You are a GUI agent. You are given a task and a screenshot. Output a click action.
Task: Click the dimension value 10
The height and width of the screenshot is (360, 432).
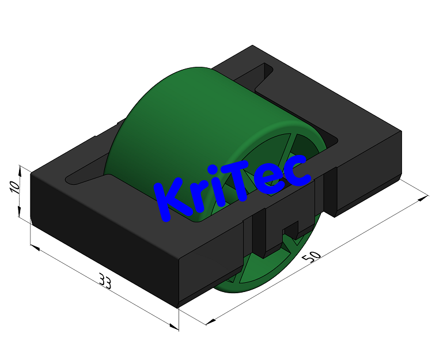(16, 187)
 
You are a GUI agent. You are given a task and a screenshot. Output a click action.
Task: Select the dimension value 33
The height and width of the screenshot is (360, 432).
(105, 281)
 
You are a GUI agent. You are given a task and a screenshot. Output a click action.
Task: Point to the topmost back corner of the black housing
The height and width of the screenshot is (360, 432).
(252, 46)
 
